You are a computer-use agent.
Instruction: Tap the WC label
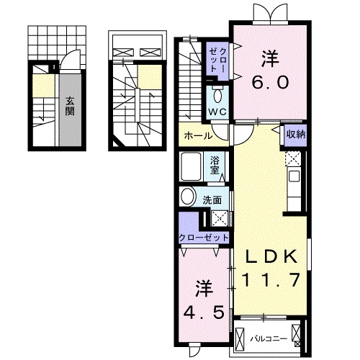[217, 112]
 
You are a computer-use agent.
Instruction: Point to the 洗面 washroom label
[212, 199]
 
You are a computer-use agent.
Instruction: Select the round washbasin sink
[187, 197]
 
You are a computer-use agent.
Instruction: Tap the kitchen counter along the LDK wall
[294, 180]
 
